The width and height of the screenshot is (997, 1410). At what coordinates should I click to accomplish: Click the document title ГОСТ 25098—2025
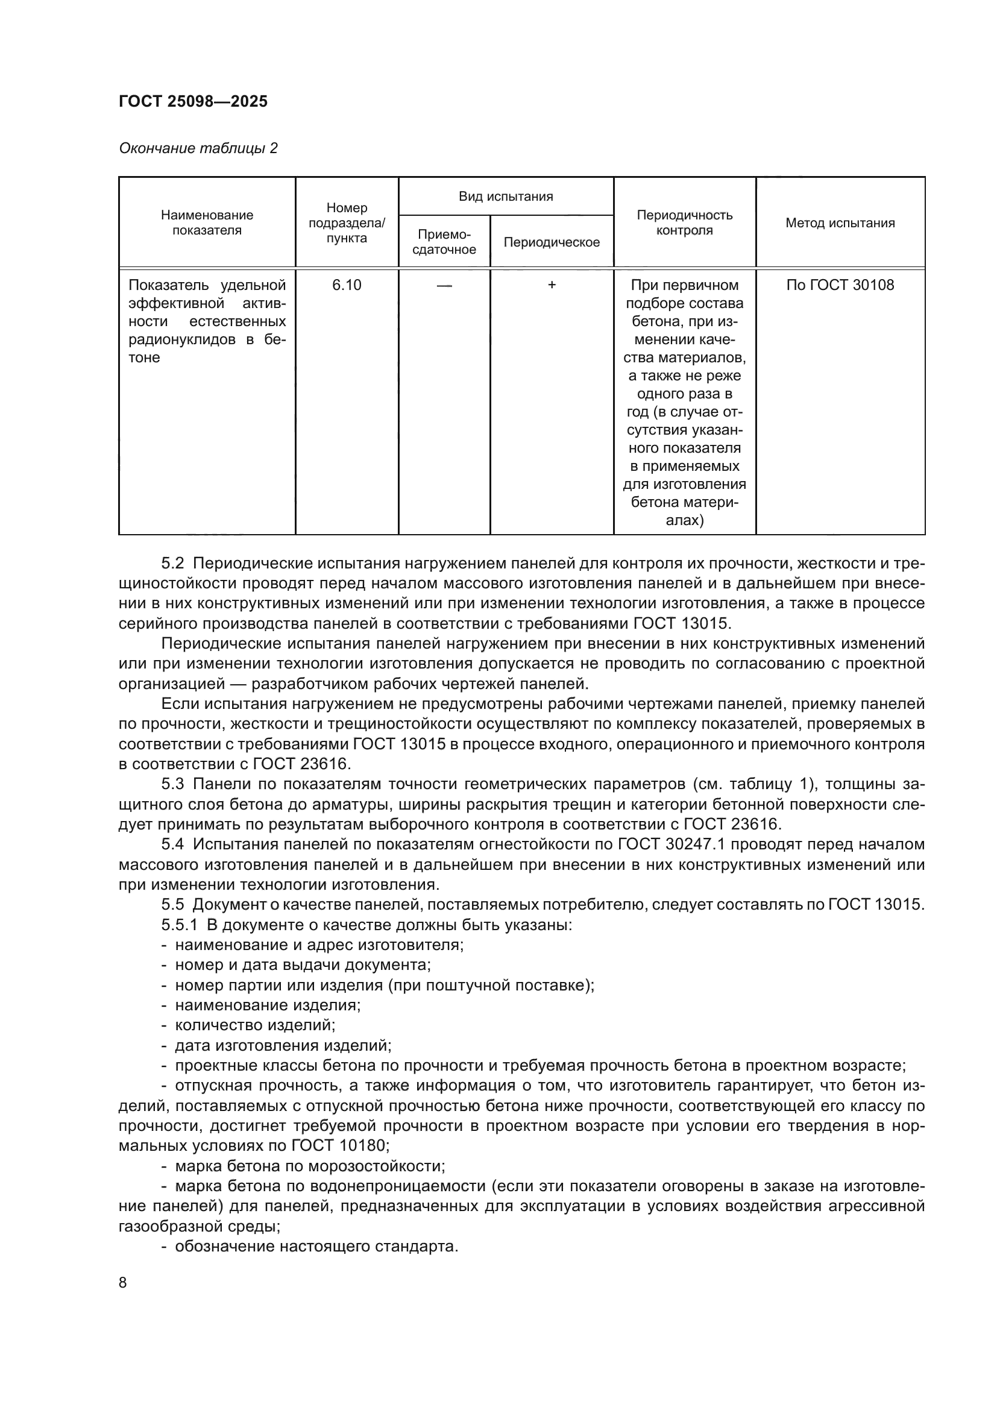pos(193,101)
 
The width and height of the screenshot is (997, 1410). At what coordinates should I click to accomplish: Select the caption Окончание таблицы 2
pos(198,148)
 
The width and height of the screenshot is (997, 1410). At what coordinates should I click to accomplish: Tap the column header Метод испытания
pos(840,223)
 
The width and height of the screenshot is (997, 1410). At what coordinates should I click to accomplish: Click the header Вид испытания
pos(506,197)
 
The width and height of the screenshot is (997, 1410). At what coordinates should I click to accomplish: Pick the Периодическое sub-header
pos(552,242)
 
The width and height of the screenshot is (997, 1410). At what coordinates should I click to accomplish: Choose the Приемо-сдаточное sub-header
pos(444,242)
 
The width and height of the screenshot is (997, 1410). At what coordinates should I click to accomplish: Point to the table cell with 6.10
pos(347,285)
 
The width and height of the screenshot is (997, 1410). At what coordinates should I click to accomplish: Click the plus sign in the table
pos(552,285)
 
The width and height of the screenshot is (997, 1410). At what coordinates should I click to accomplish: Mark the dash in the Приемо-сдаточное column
pos(444,285)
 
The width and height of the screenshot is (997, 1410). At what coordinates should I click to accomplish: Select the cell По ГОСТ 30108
pos(840,285)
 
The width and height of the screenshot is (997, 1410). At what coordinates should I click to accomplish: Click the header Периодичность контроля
pos(685,223)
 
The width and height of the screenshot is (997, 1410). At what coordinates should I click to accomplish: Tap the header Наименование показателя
pos(207,223)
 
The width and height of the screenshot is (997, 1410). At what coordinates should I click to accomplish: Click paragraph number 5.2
pos(172,564)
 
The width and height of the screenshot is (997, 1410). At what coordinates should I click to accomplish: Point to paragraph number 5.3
pos(172,784)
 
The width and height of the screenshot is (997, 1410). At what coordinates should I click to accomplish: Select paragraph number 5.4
pos(172,845)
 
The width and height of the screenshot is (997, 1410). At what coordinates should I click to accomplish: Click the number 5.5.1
pos(179,925)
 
